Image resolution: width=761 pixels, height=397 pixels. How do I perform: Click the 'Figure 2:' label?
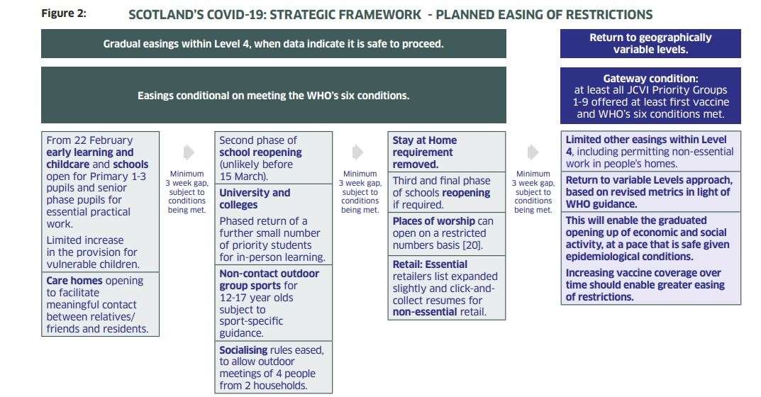64,13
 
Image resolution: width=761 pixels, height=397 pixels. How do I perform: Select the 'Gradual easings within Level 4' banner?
274,44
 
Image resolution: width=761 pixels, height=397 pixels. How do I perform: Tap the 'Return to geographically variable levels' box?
650,43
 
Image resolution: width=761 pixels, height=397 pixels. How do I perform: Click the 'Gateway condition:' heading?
650,79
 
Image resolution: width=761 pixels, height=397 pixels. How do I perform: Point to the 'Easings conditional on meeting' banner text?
273,96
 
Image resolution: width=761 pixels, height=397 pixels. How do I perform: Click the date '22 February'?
104,140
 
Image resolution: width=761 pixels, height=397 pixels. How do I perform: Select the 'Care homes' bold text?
74,281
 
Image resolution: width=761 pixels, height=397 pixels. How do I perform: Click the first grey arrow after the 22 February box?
189,152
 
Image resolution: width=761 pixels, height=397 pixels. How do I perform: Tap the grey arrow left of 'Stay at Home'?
357,152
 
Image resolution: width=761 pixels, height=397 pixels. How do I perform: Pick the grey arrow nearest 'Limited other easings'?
533,152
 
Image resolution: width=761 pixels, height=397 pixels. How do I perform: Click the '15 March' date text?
242,177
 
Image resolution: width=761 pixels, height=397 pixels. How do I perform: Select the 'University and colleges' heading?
255,198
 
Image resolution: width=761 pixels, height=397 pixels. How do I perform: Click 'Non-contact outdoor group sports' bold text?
269,279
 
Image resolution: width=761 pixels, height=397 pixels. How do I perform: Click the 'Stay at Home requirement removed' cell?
447,152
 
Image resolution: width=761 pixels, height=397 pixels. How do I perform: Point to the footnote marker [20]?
472,245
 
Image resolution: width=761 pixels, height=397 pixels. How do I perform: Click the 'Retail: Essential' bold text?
430,264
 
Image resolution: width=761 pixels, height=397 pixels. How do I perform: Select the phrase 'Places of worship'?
434,221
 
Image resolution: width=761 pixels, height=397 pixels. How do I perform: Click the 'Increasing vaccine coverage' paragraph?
645,285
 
